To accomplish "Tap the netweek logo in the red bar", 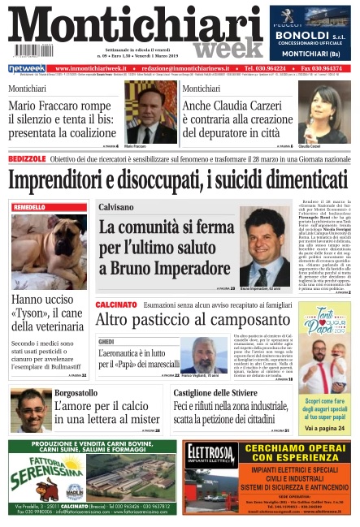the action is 27,69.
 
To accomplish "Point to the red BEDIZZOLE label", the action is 27,159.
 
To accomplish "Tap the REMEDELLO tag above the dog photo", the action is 30,208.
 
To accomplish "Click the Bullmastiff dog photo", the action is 49,252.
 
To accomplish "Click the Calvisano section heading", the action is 116,208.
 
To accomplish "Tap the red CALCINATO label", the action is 115,304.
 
